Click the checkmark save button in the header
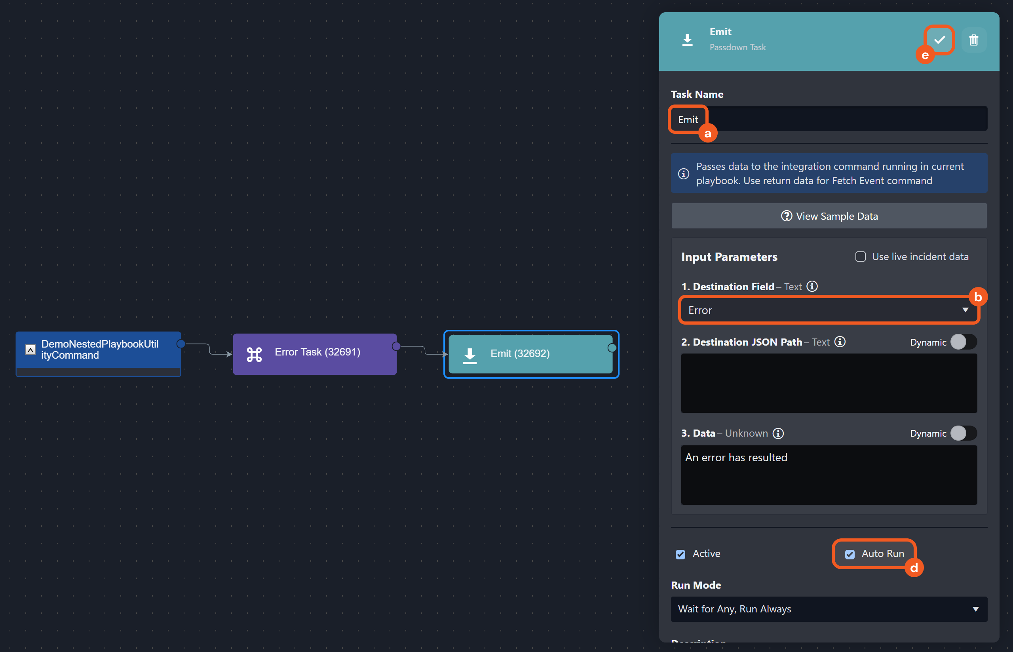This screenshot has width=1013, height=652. point(939,40)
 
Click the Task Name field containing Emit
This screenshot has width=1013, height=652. point(829,119)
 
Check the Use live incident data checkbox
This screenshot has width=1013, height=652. point(860,257)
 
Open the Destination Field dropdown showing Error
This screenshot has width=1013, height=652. point(829,310)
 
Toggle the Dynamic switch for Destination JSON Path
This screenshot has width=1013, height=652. point(963,342)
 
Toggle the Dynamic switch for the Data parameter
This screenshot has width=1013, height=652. point(963,433)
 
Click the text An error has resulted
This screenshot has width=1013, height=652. point(736,457)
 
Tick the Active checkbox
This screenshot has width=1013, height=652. point(680,554)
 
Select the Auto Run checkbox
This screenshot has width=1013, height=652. point(850,554)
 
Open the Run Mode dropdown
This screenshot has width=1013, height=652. point(829,609)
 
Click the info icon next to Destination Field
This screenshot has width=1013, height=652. point(812,286)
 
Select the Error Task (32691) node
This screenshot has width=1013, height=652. point(315,354)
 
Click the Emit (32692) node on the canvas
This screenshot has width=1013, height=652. point(530,354)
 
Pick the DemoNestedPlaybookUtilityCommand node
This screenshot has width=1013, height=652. point(100,350)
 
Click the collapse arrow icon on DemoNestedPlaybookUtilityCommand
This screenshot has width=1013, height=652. point(30,350)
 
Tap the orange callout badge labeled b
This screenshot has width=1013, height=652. point(977,297)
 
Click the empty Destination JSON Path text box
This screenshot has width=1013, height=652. point(829,383)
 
